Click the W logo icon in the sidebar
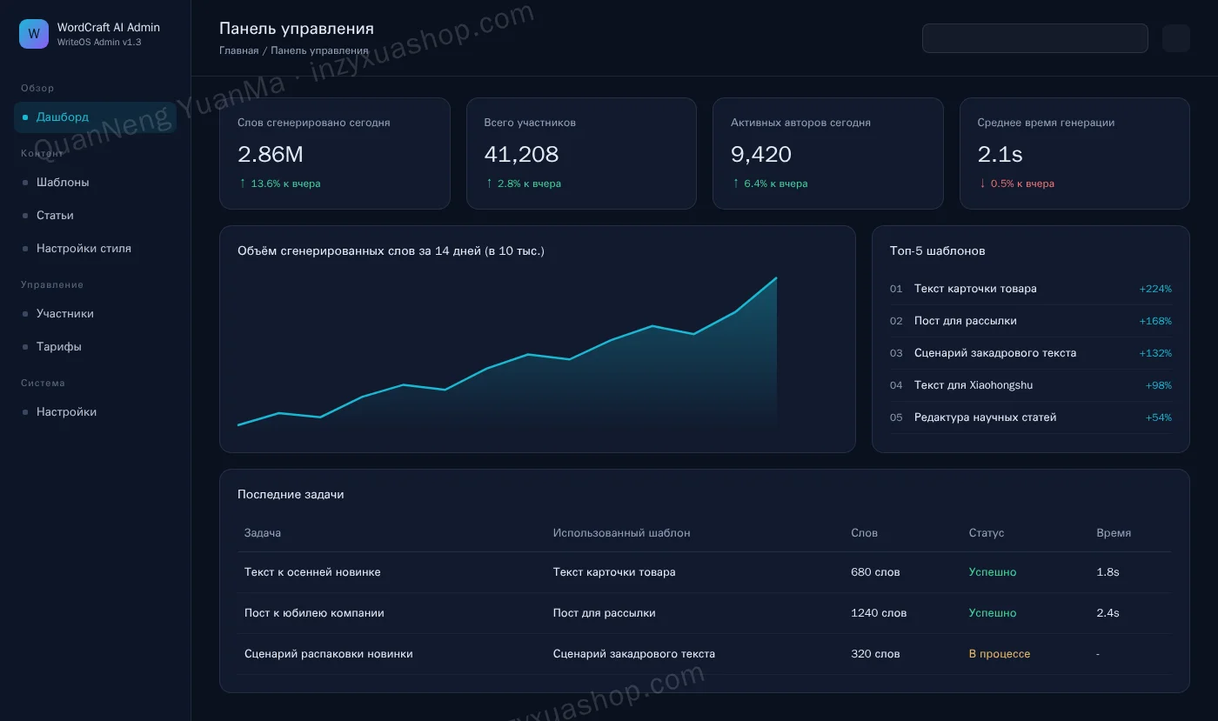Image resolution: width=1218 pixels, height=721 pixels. [34, 34]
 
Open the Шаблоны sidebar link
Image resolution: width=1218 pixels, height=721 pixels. [63, 182]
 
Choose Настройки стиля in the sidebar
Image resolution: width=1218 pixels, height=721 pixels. [84, 249]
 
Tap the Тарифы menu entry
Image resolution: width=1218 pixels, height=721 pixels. [59, 346]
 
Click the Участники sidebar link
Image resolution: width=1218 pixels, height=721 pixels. [64, 314]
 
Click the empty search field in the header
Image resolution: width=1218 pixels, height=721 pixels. [1034, 38]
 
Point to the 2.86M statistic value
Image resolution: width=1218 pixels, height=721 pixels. [271, 155]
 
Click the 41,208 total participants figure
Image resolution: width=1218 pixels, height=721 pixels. [521, 155]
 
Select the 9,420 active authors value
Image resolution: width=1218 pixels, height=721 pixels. [760, 155]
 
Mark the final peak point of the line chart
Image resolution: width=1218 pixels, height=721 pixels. [776, 277]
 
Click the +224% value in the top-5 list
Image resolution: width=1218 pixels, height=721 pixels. [1155, 289]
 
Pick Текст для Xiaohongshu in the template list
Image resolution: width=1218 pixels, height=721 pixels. [974, 385]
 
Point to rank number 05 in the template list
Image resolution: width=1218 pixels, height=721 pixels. [896, 417]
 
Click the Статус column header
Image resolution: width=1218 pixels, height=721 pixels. [987, 533]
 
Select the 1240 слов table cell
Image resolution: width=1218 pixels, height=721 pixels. [879, 613]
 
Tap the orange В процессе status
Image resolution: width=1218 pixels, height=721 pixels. [1000, 653]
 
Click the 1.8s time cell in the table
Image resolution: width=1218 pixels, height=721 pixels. [1108, 572]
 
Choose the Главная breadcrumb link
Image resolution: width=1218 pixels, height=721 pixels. [238, 50]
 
